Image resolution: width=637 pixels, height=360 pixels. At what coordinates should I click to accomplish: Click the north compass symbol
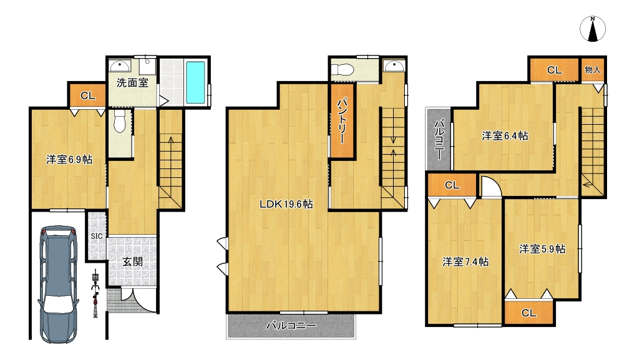[593, 29]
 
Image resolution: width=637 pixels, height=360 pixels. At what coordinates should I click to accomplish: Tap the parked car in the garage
[59, 284]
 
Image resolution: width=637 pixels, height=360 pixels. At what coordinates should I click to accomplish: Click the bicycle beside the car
[95, 293]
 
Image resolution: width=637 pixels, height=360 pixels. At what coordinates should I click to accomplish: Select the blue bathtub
[195, 82]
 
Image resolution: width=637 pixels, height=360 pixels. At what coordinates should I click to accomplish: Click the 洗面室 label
[132, 83]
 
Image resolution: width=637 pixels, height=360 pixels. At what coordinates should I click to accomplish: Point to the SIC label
[97, 236]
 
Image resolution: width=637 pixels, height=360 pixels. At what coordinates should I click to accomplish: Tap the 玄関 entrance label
[133, 261]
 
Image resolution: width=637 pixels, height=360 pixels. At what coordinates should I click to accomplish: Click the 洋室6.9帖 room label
[69, 160]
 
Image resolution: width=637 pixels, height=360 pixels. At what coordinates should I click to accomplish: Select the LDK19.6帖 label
[286, 204]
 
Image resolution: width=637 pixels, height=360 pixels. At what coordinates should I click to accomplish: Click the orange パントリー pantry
[342, 120]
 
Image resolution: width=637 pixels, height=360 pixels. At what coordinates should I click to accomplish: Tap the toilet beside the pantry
[343, 69]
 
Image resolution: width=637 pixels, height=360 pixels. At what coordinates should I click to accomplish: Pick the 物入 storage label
[592, 70]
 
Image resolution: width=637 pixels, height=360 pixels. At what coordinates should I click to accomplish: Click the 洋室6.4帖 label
[505, 136]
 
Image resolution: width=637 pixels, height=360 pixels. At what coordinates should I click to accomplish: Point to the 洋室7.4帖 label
[465, 261]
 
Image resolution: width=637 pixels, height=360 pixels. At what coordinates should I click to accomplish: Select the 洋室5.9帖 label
[542, 249]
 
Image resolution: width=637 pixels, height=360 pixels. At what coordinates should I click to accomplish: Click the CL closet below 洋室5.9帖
[529, 313]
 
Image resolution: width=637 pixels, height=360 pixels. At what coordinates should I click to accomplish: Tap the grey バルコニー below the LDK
[291, 326]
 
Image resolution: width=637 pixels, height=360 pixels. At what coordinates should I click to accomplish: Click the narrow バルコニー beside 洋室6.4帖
[439, 139]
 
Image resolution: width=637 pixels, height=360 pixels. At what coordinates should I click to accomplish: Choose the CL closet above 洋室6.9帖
[88, 95]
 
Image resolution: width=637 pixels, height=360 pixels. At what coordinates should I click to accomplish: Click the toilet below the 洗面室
[119, 120]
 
